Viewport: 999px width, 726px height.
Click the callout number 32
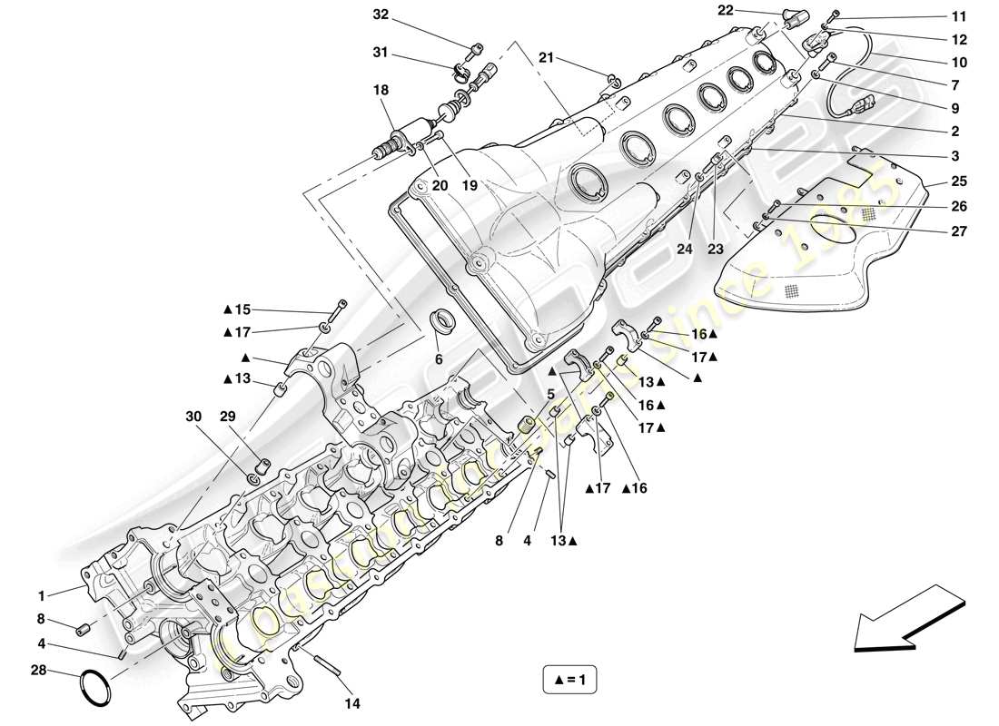click(380, 15)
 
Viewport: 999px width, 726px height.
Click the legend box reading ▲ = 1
click(569, 678)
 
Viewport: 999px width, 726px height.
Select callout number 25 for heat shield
click(960, 182)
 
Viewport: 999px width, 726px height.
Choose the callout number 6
click(438, 358)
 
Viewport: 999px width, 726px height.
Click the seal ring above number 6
click(443, 319)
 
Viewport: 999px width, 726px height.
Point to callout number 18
click(380, 90)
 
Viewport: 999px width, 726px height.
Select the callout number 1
click(41, 596)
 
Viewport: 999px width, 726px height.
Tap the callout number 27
click(960, 231)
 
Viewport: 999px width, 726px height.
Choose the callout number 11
click(960, 16)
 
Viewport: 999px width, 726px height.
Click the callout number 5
click(549, 394)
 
